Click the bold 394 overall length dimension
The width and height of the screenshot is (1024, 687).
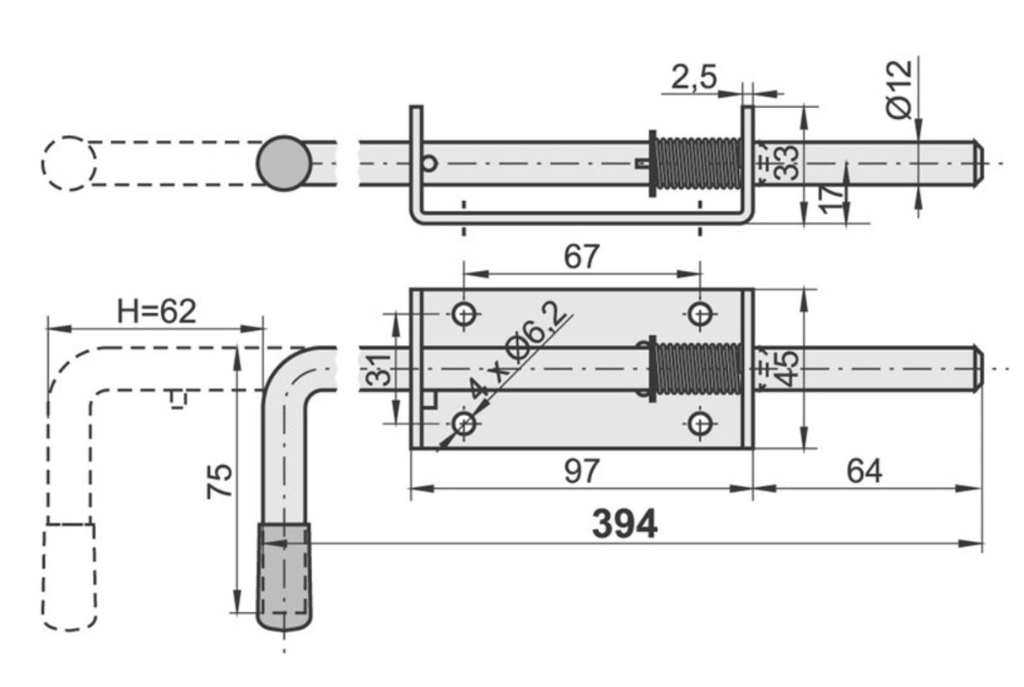click(623, 525)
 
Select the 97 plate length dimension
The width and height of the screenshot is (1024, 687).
click(580, 471)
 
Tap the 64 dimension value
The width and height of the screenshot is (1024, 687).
click(865, 471)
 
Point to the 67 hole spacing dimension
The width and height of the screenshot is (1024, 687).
click(581, 256)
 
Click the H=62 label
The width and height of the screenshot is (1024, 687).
click(157, 311)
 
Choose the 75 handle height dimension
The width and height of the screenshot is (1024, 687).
click(220, 481)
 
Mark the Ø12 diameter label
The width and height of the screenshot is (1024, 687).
click(900, 88)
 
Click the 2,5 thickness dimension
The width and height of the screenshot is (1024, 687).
click(693, 78)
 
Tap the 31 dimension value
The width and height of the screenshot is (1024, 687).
click(381, 370)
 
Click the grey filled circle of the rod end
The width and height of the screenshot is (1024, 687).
click(284, 163)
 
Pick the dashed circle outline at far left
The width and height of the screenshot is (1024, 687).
click(68, 163)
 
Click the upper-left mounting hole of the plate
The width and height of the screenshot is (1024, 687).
click(465, 314)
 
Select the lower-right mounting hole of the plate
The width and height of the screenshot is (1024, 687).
click(700, 423)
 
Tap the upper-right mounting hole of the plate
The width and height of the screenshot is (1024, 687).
click(700, 314)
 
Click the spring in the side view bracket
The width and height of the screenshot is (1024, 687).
click(698, 163)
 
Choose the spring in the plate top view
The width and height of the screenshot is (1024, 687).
click(698, 369)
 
